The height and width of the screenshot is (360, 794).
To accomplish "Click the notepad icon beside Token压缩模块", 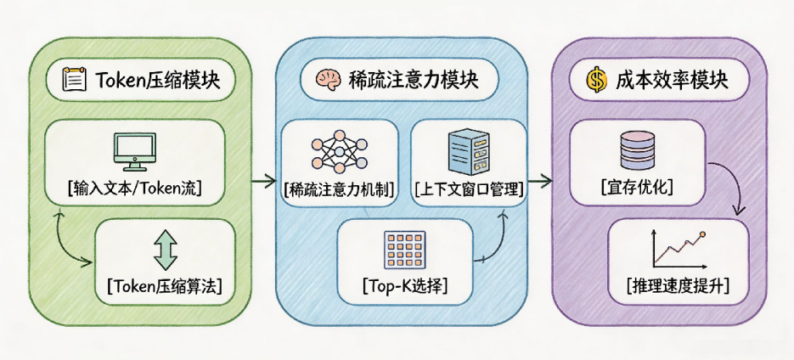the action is point(71,80).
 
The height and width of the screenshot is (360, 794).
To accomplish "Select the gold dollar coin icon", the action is point(596,81).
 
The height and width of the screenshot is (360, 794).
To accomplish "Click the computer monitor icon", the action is point(135,151).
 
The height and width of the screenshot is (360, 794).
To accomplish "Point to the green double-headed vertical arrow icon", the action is point(165,250).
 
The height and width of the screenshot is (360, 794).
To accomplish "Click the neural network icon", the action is point(340,149).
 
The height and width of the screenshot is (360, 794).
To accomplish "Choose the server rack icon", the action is point(469,151).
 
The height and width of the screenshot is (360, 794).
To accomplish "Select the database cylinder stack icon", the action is point(638,149).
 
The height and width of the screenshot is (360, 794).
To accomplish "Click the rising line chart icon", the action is point(678,249).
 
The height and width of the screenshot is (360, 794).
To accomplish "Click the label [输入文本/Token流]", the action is point(135,189).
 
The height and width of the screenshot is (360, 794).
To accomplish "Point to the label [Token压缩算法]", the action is point(165,287).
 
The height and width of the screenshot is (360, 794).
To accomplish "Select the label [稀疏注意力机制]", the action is point(340,191).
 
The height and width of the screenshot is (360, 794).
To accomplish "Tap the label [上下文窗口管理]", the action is point(469,191).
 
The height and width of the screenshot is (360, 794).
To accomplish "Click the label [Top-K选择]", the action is point(405,287).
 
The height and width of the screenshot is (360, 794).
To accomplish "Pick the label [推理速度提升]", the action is point(678,287).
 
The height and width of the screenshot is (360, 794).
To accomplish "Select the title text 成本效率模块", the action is point(672,81).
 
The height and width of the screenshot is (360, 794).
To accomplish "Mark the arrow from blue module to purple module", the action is point(540,179).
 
